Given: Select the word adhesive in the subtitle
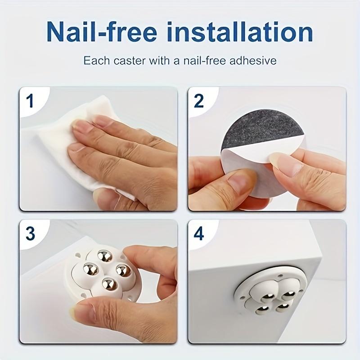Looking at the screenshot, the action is point(252,61).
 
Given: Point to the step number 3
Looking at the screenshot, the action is point(30,233).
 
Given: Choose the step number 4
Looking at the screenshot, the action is point(199,234).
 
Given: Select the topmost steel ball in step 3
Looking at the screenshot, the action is point(105,256).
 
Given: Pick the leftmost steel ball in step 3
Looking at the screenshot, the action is point(91,269).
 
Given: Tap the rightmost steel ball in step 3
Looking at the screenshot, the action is point(123,270).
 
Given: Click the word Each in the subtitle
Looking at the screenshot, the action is point(96,61).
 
